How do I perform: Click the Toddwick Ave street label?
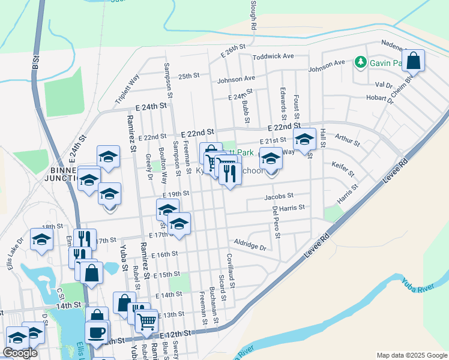pos(273,56)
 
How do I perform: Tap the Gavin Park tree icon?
pos(360,62)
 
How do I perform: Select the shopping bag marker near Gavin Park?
pos(414,61)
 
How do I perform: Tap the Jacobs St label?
pos(279,196)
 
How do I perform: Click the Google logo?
pos(20,353)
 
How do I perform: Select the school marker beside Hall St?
pos(305,141)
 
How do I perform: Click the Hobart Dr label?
pos(379,98)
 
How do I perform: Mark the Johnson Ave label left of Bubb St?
pos(236,79)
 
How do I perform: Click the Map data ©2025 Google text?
pos(411,355)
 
